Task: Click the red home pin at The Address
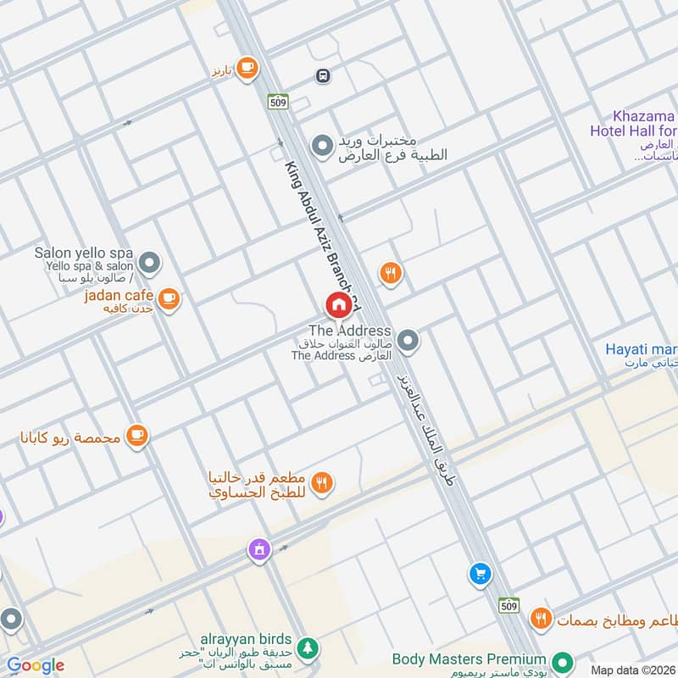(338, 304)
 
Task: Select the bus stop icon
(322, 76)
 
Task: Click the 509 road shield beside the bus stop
(278, 102)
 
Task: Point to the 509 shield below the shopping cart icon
(508, 605)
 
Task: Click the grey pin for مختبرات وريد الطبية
(321, 147)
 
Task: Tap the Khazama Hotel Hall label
(634, 124)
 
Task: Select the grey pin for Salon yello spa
(149, 264)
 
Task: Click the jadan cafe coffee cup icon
(169, 297)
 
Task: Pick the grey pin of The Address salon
(408, 342)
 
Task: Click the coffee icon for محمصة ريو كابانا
(136, 436)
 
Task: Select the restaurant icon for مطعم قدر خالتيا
(322, 483)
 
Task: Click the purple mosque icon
(258, 549)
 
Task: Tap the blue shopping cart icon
(480, 575)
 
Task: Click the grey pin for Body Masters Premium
(560, 660)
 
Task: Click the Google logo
(35, 665)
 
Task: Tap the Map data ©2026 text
(631, 670)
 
